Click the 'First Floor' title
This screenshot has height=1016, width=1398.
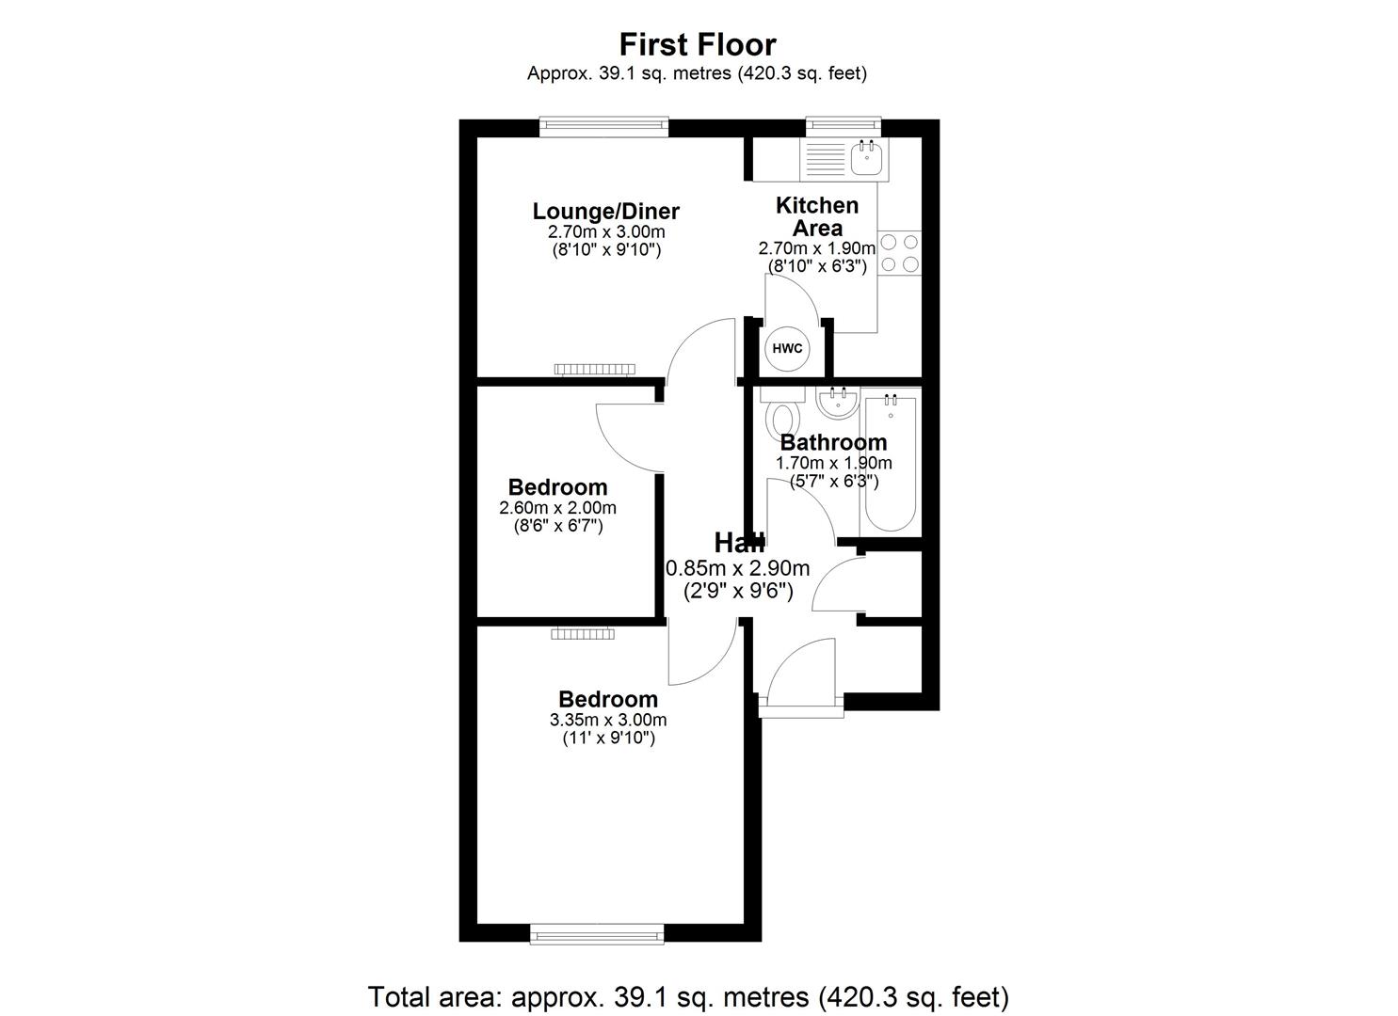[x=698, y=44]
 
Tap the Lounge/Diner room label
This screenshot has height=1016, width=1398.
[x=605, y=212]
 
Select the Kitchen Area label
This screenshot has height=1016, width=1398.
[x=816, y=216]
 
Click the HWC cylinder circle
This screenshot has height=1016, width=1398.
[x=787, y=348]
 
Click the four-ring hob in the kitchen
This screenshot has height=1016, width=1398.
[x=899, y=253]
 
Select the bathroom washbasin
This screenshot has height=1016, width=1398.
[x=837, y=404]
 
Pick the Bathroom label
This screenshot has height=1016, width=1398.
[x=833, y=442]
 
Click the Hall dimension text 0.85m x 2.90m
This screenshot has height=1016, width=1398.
[x=738, y=568]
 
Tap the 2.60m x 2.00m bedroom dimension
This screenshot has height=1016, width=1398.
[x=557, y=508]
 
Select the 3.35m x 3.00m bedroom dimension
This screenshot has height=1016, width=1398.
[x=607, y=720]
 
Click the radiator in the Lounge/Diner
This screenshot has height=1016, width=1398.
[x=593, y=369]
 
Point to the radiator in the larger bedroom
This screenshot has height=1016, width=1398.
[x=583, y=634]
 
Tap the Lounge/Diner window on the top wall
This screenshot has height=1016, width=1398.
[x=604, y=127]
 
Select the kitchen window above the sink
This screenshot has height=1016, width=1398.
[x=844, y=127]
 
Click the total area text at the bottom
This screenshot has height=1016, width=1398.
[x=688, y=996]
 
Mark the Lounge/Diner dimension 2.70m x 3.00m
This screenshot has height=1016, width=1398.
[x=605, y=232]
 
